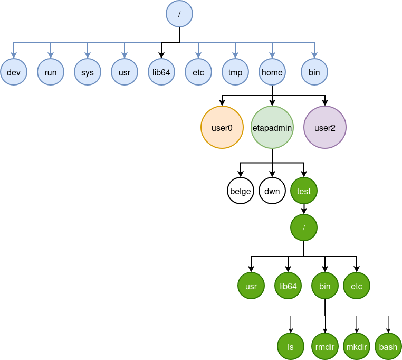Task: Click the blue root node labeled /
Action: tap(179, 14)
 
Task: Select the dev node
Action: tap(14, 72)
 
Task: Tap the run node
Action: tap(51, 72)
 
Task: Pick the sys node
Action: tap(88, 72)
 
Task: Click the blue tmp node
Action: tap(235, 72)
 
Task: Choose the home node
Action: tap(272, 72)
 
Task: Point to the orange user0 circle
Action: tap(222, 127)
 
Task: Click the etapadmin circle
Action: tap(272, 127)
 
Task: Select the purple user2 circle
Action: tap(325, 127)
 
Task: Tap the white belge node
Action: tap(241, 191)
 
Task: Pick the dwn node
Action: tap(272, 191)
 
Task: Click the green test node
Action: tap(304, 191)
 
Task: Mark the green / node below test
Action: tap(304, 228)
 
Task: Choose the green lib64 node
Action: tap(288, 286)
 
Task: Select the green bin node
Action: tap(325, 286)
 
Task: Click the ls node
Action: tap(291, 347)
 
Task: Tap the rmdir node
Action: tap(325, 347)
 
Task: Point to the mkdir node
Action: tap(357, 347)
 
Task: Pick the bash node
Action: tap(388, 347)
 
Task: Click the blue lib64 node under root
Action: tap(161, 72)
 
